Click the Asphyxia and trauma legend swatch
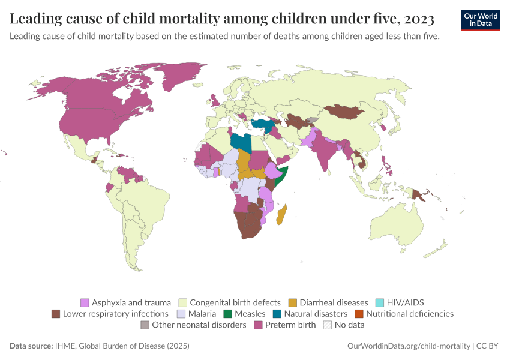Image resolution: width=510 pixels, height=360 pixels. [x=85, y=302]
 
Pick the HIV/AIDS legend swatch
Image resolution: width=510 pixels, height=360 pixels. [x=380, y=302]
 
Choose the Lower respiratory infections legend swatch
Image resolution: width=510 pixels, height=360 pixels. [x=56, y=314]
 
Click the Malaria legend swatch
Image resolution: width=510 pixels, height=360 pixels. [x=181, y=314]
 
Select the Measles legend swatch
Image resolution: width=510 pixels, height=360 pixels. [x=227, y=314]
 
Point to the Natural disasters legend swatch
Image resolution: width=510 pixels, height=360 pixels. [x=277, y=314]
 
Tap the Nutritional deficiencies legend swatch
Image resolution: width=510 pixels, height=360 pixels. [x=359, y=314]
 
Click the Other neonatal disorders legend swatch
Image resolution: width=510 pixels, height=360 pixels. [x=145, y=325]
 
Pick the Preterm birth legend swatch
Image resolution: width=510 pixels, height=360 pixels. [x=258, y=325]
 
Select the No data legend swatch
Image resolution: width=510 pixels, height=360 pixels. [x=328, y=325]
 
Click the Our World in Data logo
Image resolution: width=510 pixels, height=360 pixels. [x=481, y=20]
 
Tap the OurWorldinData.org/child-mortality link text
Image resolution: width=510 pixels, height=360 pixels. [x=409, y=346]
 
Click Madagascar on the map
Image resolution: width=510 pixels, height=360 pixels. [x=281, y=215]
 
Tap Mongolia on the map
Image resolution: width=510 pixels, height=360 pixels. [x=345, y=111]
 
